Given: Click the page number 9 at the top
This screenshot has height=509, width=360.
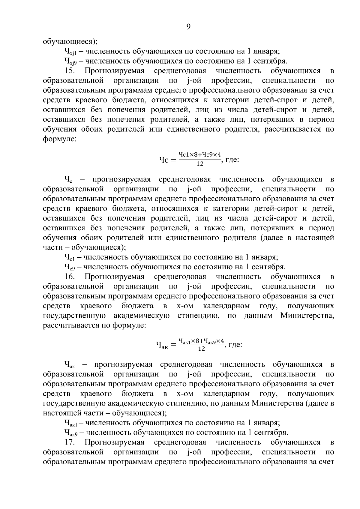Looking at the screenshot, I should coord(188,27).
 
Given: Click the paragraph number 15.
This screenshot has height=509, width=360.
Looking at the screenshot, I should coord(70,71).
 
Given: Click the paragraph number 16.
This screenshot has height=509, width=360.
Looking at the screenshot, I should coord(70,276).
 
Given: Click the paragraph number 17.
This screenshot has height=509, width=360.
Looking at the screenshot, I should coord(70,442).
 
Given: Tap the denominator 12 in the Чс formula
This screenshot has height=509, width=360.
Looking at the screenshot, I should coord(200,164).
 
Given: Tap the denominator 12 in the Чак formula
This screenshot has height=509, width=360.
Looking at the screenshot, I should coord(202,349).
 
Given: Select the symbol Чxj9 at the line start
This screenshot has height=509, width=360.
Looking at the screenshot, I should coord(71,61).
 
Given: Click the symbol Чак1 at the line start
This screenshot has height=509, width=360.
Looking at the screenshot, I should coord(71,423).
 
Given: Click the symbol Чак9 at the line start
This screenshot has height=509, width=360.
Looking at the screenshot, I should coord(71,433).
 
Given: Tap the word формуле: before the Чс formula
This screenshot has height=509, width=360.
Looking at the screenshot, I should coord(60,139).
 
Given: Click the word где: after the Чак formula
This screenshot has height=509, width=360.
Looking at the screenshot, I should coord(235,345).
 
